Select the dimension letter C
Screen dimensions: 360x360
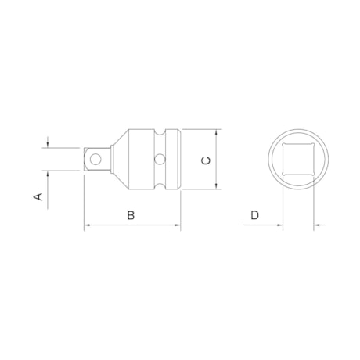click(204, 160)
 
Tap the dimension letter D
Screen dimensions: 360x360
click(254, 214)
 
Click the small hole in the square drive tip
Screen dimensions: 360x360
click(95, 159)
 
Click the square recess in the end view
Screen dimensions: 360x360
click(297, 160)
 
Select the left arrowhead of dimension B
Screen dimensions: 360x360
click(87, 227)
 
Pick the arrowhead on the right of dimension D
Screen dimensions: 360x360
click(318, 227)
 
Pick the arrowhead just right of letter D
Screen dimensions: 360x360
click(279, 227)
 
